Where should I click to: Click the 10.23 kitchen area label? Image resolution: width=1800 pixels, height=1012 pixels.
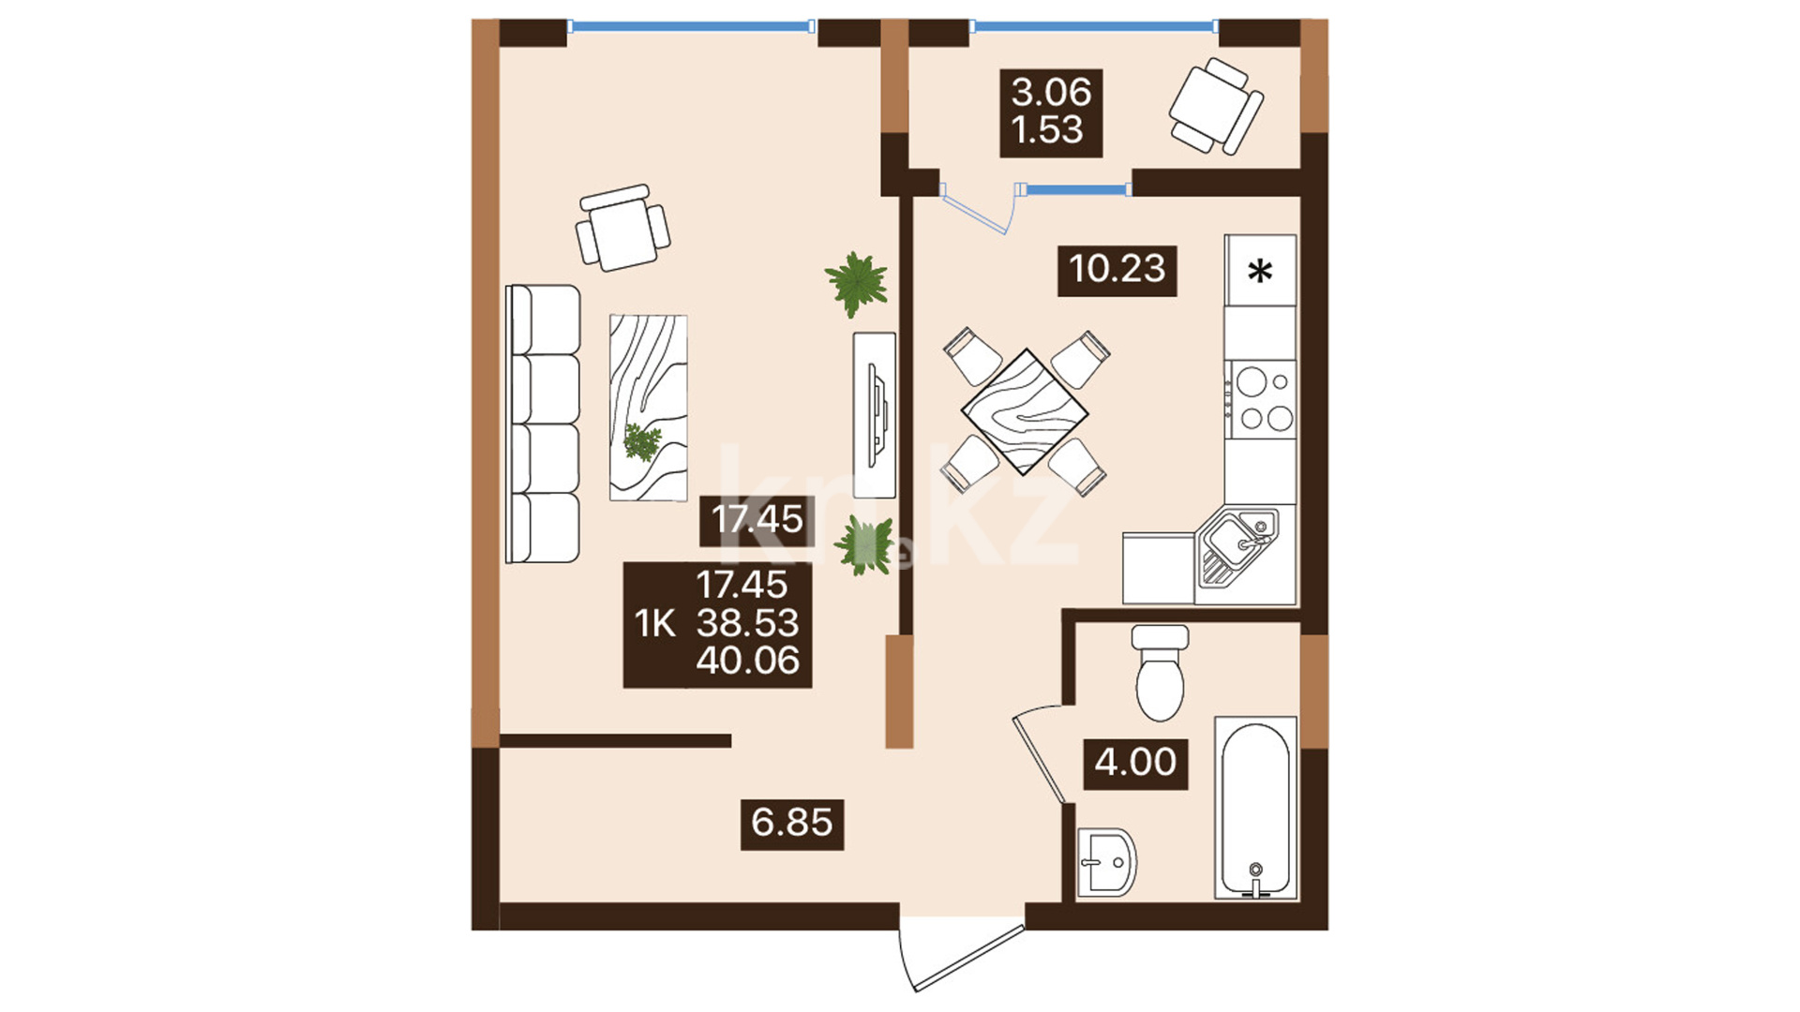[x=1117, y=270]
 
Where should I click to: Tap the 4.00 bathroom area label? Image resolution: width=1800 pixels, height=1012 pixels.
[x=1135, y=763]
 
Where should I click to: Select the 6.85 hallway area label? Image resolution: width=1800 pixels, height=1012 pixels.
[x=792, y=824]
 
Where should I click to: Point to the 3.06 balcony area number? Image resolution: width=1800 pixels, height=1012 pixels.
[x=1051, y=93]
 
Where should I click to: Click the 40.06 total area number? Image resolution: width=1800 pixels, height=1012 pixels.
[x=747, y=661]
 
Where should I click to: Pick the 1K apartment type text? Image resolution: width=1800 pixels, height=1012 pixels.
[x=654, y=623]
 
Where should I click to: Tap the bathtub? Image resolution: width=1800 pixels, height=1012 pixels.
[x=1256, y=809]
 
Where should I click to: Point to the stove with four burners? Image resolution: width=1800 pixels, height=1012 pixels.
[x=1260, y=400]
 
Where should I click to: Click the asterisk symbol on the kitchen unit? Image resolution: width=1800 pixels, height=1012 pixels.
[x=1260, y=272]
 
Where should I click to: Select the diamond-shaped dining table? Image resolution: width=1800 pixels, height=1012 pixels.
[x=1025, y=411]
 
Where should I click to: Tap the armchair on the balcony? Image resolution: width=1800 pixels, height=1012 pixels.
[x=1216, y=106]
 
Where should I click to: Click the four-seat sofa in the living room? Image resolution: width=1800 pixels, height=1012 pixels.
[x=543, y=424]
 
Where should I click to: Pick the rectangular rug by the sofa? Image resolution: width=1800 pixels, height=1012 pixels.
[x=648, y=408]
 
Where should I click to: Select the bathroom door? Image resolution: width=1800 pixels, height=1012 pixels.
[x=1040, y=760]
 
